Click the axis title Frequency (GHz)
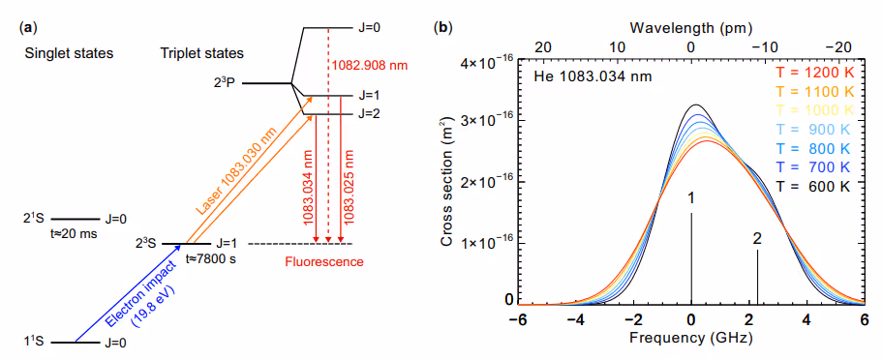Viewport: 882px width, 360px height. pos(690,339)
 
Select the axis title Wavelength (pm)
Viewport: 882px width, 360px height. pos(691,27)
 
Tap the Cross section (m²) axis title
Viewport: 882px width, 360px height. pos(447,183)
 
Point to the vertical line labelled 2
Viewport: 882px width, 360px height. pos(758,277)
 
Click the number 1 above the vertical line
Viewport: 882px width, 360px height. pos(690,198)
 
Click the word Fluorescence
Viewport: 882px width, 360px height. pos(324,261)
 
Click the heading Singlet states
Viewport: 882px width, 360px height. pos(69,54)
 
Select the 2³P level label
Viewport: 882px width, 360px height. pos(224,83)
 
